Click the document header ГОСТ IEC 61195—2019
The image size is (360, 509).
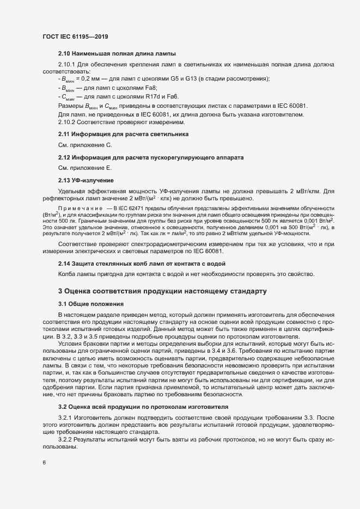click(x=75, y=36)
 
